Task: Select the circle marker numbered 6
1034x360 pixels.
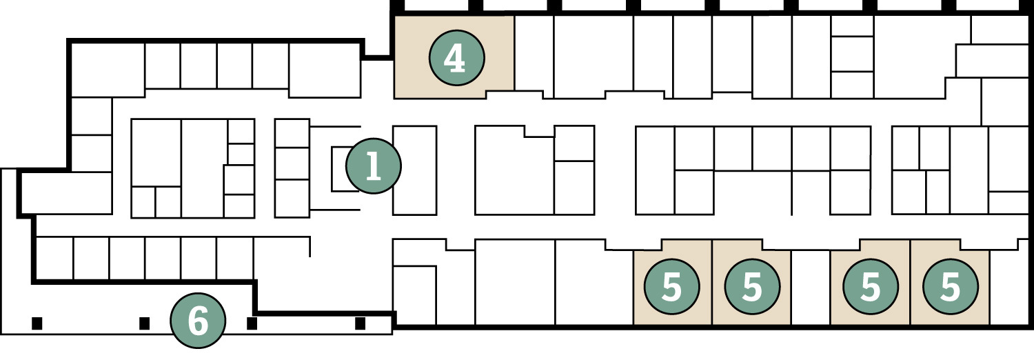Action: pyautogui.click(x=199, y=320)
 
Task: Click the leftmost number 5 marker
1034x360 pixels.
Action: pyautogui.click(x=671, y=287)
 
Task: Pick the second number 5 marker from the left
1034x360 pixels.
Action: pyautogui.click(x=752, y=287)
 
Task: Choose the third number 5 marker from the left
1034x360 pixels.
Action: pyautogui.click(x=871, y=287)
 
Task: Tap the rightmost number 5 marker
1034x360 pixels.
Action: pyautogui.click(x=951, y=287)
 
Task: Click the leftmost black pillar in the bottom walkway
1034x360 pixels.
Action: pyautogui.click(x=37, y=323)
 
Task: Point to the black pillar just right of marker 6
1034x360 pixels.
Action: pyautogui.click(x=252, y=323)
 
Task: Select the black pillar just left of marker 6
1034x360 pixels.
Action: pyautogui.click(x=145, y=323)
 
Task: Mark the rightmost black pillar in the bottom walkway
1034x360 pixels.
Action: pyautogui.click(x=360, y=323)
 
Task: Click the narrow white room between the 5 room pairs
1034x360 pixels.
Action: pyautogui.click(x=810, y=287)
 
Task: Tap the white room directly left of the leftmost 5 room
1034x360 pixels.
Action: pyautogui.click(x=594, y=283)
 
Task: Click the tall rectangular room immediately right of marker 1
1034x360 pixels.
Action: pyautogui.click(x=414, y=170)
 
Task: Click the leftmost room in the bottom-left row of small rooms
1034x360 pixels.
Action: pyautogui.click(x=54, y=259)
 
